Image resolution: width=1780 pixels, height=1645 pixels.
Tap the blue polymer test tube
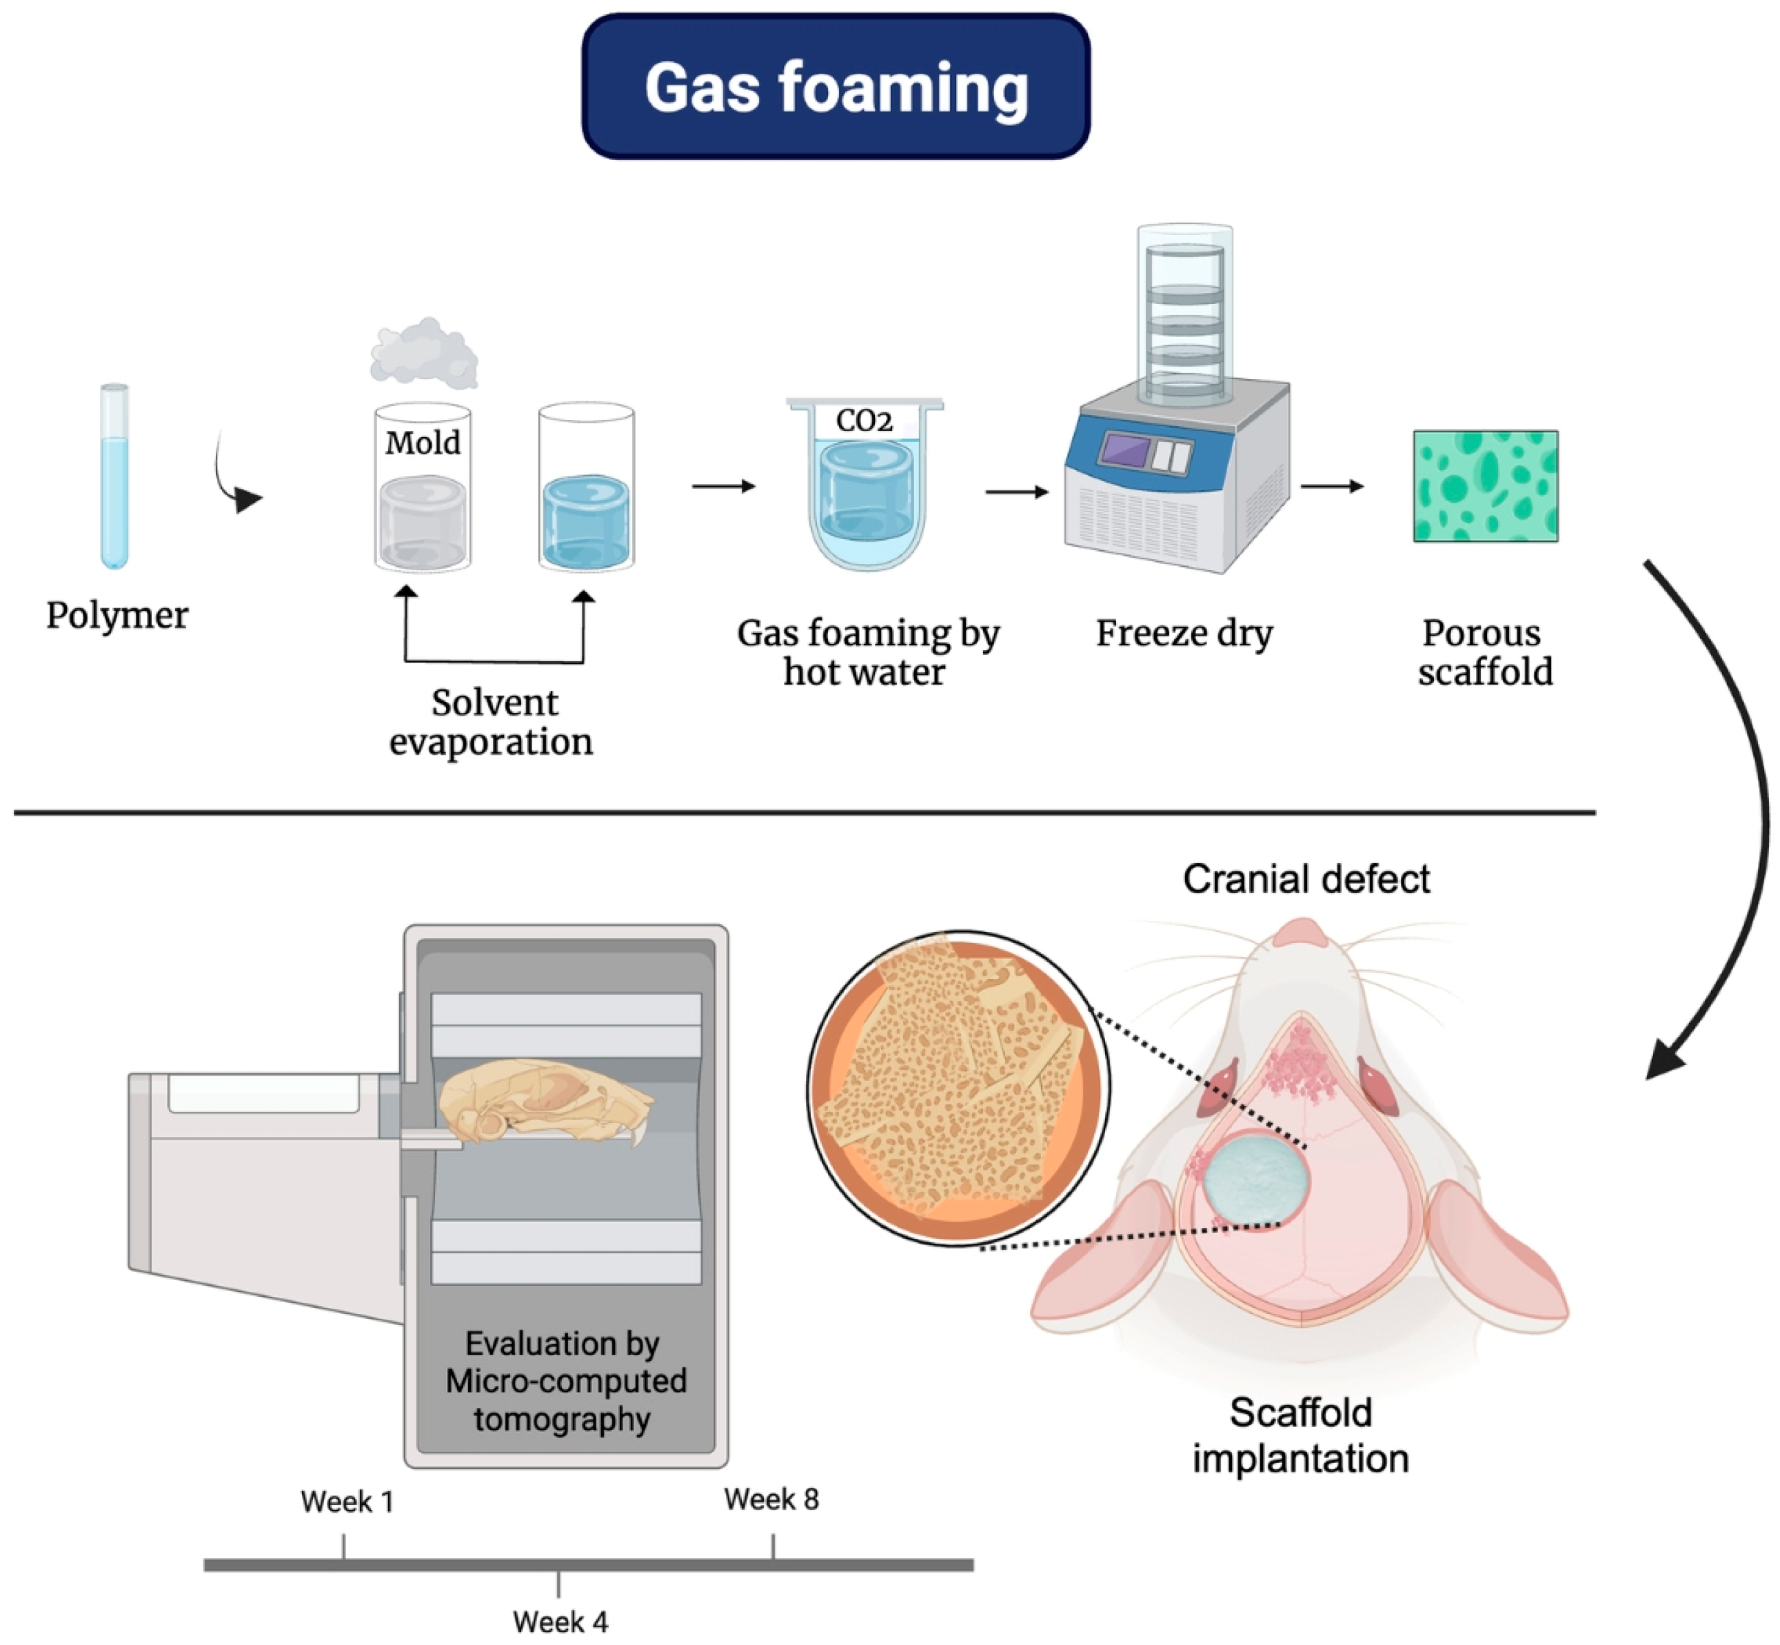(x=114, y=476)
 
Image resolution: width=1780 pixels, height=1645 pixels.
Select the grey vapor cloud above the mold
(x=425, y=354)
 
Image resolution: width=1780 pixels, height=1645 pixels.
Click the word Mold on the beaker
(x=423, y=443)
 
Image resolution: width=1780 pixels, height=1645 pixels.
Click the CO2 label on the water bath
(x=863, y=420)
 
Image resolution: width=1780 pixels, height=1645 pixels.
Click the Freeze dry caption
(x=1184, y=634)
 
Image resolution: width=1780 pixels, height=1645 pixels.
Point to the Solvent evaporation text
(x=492, y=722)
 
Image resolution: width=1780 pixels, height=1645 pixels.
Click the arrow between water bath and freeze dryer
(x=1016, y=492)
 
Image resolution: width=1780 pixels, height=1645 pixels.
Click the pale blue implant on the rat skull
(x=1256, y=1180)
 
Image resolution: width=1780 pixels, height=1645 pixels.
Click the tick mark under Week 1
(x=343, y=1547)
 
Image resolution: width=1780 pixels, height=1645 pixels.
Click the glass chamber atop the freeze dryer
(x=1184, y=312)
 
